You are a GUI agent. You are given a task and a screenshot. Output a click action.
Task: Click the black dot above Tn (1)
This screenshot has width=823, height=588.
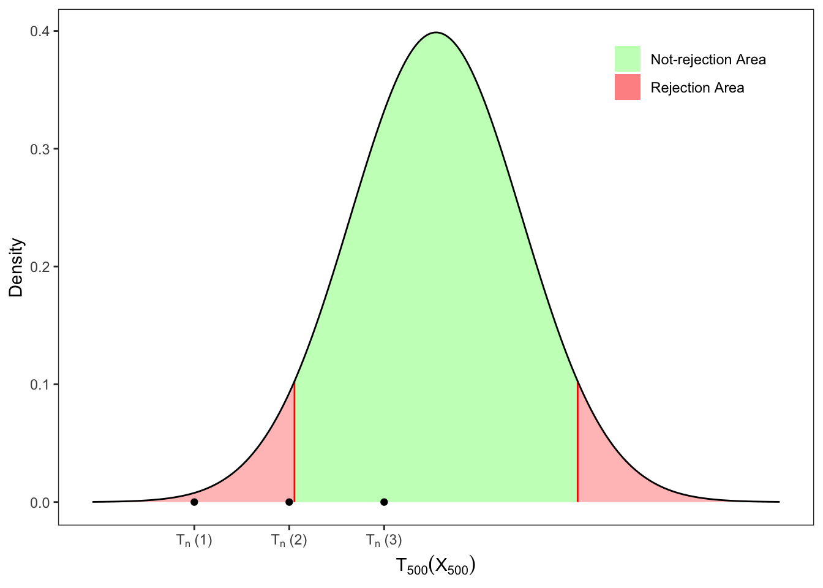194,502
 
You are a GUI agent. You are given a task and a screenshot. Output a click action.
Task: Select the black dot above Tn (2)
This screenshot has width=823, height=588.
289,502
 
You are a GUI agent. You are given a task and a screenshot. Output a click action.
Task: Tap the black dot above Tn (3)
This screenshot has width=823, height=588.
384,502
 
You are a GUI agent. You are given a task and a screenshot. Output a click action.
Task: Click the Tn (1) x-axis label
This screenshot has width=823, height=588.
194,540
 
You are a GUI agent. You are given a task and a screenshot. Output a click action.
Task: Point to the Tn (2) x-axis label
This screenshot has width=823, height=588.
289,540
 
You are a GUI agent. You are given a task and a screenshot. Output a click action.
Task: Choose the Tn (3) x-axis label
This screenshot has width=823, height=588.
384,540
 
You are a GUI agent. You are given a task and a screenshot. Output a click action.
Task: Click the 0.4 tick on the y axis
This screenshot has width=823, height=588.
40,31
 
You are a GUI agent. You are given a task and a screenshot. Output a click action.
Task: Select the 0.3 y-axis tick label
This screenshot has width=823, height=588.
40,149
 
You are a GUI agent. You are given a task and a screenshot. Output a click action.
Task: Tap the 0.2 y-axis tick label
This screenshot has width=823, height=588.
40,266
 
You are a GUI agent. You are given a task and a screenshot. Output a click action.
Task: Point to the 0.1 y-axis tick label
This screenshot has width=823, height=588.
40,384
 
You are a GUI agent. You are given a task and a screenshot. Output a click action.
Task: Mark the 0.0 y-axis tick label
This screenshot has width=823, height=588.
40,502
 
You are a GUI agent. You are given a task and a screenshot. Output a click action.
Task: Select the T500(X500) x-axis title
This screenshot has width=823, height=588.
436,566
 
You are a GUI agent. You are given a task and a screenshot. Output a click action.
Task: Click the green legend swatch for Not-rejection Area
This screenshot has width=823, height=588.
628,59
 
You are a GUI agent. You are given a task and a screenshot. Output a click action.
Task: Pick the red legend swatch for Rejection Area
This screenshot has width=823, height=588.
628,87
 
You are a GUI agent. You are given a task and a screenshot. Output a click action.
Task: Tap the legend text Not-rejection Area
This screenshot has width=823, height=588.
708,59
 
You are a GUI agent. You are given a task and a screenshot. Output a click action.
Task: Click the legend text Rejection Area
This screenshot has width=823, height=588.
697,88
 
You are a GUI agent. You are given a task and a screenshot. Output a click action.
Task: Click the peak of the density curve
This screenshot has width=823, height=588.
436,32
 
